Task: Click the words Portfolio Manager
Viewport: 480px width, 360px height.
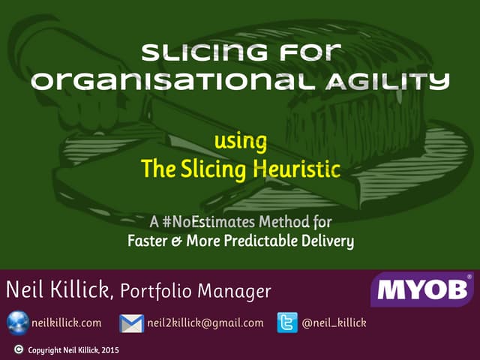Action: click(x=196, y=289)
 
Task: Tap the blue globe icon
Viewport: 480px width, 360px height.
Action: click(x=18, y=323)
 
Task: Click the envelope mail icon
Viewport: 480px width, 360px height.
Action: click(x=131, y=323)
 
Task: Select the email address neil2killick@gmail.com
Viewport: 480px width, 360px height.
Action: click(x=205, y=323)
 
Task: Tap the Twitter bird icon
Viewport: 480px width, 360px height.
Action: click(x=288, y=323)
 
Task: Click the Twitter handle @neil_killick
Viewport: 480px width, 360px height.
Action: click(x=334, y=323)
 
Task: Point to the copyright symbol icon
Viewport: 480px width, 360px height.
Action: click(x=18, y=349)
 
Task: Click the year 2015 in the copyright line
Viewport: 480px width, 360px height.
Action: click(x=110, y=349)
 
